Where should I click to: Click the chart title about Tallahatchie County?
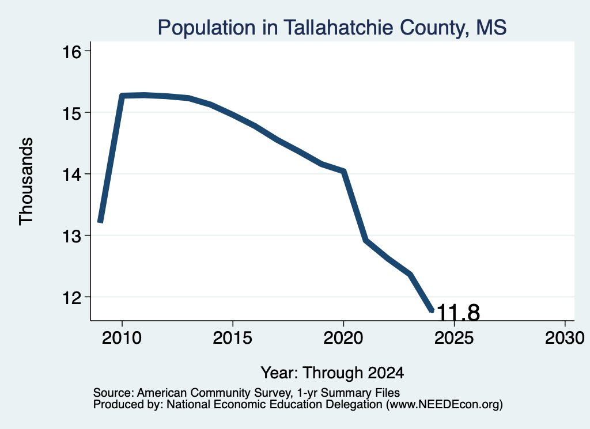coord(332,28)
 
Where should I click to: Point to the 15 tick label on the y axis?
coord(71,113)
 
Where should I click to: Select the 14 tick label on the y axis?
coord(71,174)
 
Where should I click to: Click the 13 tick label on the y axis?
coord(71,236)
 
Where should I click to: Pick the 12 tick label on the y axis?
coord(71,297)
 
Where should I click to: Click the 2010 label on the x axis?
coord(122,338)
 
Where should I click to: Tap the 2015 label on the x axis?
coord(233,338)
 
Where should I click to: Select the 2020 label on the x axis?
coord(343,338)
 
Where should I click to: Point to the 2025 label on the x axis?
coord(454,338)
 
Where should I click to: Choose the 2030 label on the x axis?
coord(565,338)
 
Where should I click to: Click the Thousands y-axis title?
coord(27,181)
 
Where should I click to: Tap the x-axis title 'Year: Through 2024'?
coord(332,373)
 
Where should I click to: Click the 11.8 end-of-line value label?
coord(458,313)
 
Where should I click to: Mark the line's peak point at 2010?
coord(122,96)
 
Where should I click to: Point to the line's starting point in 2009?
coord(100,222)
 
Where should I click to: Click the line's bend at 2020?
coord(343,172)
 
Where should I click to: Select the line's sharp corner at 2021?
coord(366,240)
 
